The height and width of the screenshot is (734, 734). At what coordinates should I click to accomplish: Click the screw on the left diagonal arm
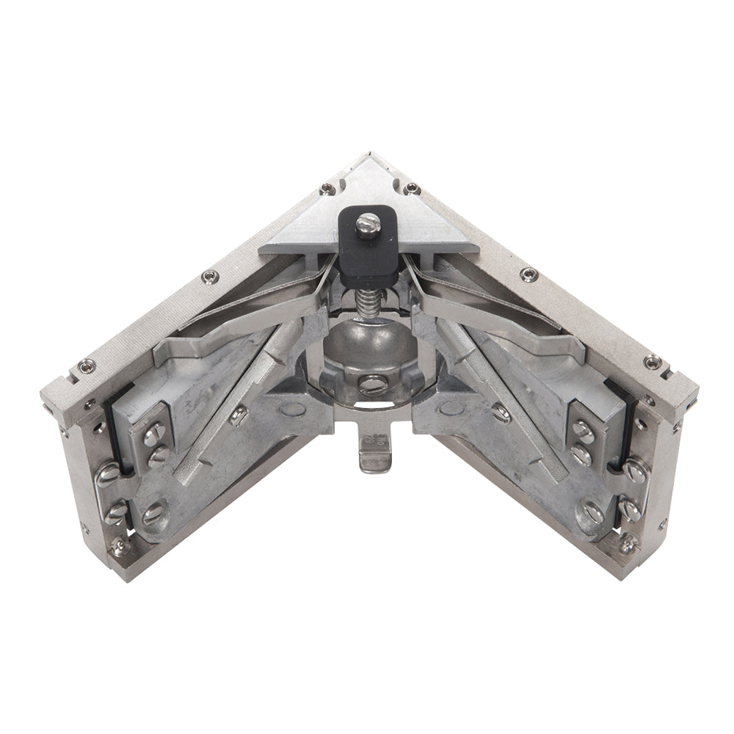[x=239, y=418]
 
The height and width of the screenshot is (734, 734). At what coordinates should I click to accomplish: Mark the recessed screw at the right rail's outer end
[x=652, y=361]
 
